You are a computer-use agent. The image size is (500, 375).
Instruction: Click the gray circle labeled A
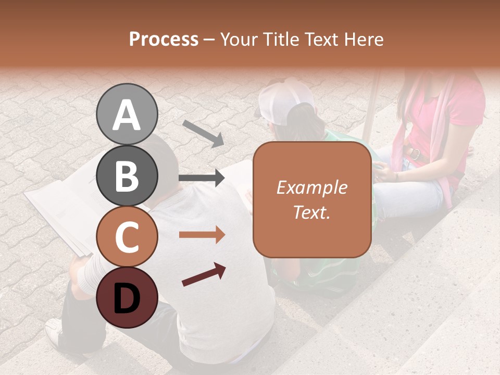[127, 114]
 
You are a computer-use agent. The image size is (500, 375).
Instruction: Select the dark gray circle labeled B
[127, 176]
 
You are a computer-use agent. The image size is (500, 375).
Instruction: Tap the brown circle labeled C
[127, 236]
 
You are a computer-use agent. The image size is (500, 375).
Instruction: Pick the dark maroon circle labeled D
[127, 297]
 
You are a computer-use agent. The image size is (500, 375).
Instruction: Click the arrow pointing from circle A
[203, 133]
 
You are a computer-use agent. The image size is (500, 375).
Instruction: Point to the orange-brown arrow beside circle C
[202, 235]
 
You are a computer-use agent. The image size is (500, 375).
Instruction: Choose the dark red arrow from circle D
[204, 274]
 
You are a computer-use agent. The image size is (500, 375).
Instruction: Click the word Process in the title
[164, 39]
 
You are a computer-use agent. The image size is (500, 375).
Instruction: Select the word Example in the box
[312, 187]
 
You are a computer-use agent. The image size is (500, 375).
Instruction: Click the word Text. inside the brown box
[312, 212]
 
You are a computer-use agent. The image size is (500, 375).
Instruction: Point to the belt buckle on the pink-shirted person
[415, 154]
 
